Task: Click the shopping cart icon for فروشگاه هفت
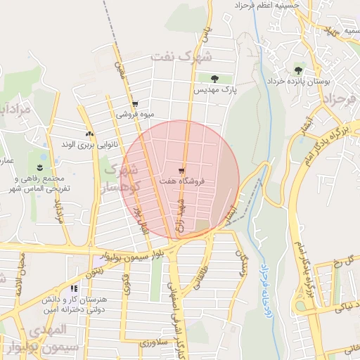182,171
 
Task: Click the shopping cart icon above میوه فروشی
134,103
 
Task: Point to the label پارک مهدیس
218,90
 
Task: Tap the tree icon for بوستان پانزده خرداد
299,70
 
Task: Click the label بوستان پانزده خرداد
298,82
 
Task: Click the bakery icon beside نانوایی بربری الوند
89,134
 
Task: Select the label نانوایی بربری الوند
89,144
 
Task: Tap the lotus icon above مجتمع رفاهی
40,167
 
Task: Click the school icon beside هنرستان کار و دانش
74,288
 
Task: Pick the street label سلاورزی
152,343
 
